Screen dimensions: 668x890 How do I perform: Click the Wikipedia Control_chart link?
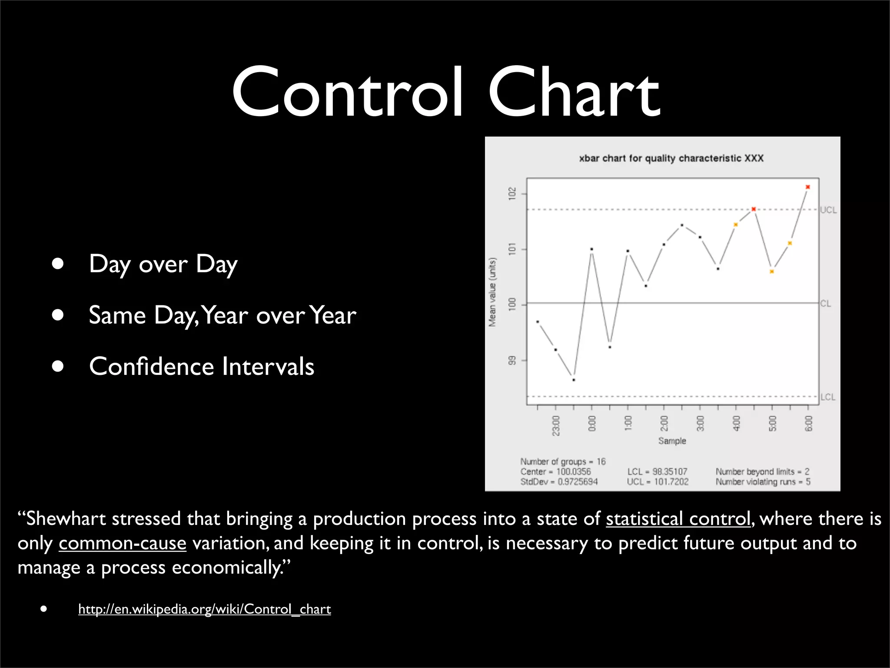tap(204, 609)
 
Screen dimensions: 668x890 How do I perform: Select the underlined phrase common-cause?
tap(123, 544)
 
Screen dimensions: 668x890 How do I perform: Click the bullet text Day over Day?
tap(163, 264)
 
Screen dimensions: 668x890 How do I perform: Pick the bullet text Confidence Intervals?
tap(201, 366)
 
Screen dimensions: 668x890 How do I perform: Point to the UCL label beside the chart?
tap(828, 210)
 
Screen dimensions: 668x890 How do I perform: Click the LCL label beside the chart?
tap(828, 397)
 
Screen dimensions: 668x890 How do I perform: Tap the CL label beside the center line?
tap(825, 304)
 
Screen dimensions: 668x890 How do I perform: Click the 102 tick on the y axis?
tap(512, 194)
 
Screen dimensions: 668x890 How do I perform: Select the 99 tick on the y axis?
tap(512, 361)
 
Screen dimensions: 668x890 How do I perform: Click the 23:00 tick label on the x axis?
tap(556, 425)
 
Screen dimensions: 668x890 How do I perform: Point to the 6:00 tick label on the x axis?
tap(808, 423)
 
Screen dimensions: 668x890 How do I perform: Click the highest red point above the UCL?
tap(807, 187)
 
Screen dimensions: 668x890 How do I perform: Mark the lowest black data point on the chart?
tap(574, 380)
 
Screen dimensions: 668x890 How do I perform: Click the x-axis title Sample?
tap(672, 441)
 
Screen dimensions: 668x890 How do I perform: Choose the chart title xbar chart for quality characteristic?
tap(671, 158)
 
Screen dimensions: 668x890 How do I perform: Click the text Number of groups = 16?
tap(563, 461)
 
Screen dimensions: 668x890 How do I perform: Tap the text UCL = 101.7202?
tap(658, 482)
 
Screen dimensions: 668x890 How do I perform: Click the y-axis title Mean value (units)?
tap(492, 292)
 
